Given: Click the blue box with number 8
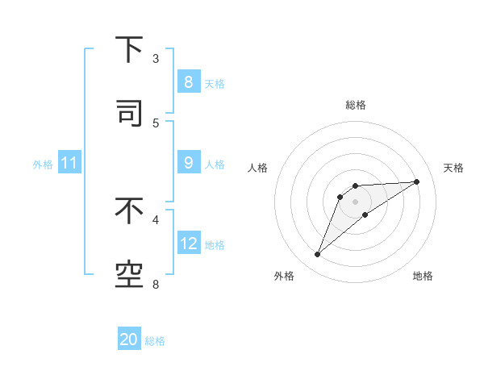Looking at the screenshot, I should [188, 81].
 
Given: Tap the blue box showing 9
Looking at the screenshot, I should [188, 163].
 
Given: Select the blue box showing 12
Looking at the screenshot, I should [188, 243].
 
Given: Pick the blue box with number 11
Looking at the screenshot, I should [69, 163].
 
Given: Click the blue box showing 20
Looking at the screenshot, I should [129, 339].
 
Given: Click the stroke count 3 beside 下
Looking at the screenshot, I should [156, 59].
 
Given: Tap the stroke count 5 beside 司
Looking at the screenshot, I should [156, 123].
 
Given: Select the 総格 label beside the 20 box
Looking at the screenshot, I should [155, 341].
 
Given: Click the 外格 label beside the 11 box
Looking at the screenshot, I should [43, 165].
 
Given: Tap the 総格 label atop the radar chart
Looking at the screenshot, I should [356, 105].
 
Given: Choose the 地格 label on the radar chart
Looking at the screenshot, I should [423, 276].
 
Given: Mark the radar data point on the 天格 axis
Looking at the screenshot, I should [417, 181].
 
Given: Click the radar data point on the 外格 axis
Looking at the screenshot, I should [317, 255].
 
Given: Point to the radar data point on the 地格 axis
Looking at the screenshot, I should [365, 214].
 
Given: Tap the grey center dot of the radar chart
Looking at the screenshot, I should [356, 201].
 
